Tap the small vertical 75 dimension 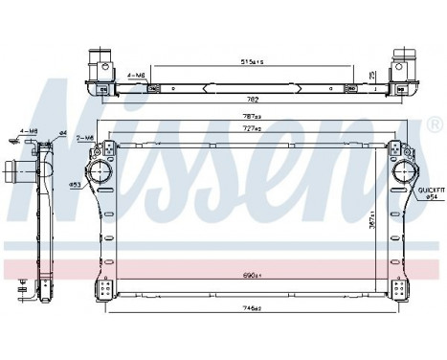click(x=372, y=74)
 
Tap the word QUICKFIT click(x=426, y=191)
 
